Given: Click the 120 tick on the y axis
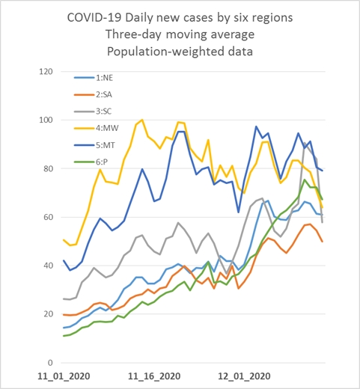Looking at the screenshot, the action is pyautogui.click(x=46, y=72).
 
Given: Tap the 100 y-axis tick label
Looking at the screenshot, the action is pyautogui.click(x=46, y=120).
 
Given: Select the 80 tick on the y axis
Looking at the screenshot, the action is pyautogui.click(x=48, y=168).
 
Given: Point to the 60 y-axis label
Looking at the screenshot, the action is pyautogui.click(x=48, y=217).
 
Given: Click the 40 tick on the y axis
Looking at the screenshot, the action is pyautogui.click(x=48, y=266).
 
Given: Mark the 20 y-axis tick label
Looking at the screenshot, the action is pyautogui.click(x=48, y=314).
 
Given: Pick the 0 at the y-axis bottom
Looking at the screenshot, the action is pyautogui.click(x=50, y=363).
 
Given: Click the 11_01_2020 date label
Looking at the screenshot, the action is pyautogui.click(x=64, y=376).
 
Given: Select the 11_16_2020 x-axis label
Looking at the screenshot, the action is pyautogui.click(x=154, y=376).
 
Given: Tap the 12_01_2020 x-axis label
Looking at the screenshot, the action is pyautogui.click(x=244, y=376).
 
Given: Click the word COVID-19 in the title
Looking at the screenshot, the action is pyautogui.click(x=94, y=18).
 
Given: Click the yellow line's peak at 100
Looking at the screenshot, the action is pyautogui.click(x=142, y=120).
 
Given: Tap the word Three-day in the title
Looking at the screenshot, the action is pyautogui.click(x=134, y=34).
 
